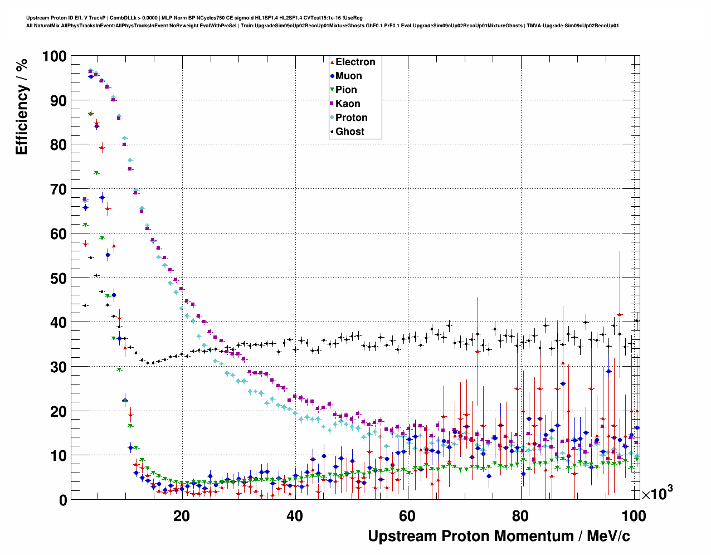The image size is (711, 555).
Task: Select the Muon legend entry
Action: (348, 76)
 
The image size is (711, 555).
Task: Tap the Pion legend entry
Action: (346, 90)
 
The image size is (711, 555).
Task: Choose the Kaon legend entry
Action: (348, 104)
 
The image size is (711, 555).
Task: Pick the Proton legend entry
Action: (351, 118)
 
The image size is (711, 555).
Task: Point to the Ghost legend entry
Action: (349, 132)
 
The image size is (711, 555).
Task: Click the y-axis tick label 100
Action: (54, 57)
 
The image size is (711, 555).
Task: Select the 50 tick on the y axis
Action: (58, 279)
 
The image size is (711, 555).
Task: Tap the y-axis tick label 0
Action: (62, 500)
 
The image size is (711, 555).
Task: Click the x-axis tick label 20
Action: (181, 516)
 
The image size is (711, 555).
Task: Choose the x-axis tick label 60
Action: (407, 516)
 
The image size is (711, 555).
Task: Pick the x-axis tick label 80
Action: (520, 516)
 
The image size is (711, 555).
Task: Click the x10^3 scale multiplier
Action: (657, 493)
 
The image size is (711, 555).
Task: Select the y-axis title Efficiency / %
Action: (21, 106)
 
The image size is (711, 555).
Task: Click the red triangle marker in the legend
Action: (332, 62)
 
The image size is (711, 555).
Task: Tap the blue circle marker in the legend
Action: (332, 76)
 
